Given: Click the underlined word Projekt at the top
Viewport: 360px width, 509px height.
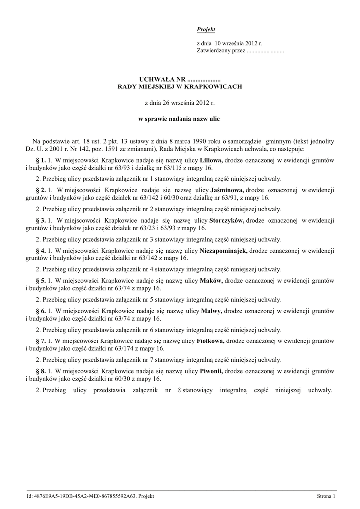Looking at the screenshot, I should [206, 30].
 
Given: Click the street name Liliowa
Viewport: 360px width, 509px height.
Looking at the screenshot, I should [211, 160].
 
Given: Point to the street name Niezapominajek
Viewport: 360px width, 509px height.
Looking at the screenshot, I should [223, 251].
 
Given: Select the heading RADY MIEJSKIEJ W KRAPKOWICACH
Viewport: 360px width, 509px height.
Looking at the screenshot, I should [180, 87].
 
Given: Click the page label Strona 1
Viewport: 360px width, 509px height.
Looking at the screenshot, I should [326, 496].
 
